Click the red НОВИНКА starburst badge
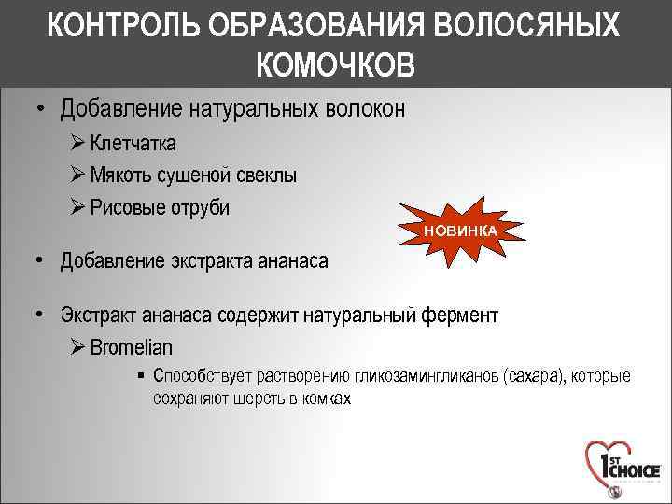tap(460, 230)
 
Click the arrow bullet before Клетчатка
tap(78, 144)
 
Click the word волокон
tap(366, 109)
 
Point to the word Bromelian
tap(132, 347)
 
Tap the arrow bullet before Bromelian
tap(78, 347)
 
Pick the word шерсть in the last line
tap(256, 399)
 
